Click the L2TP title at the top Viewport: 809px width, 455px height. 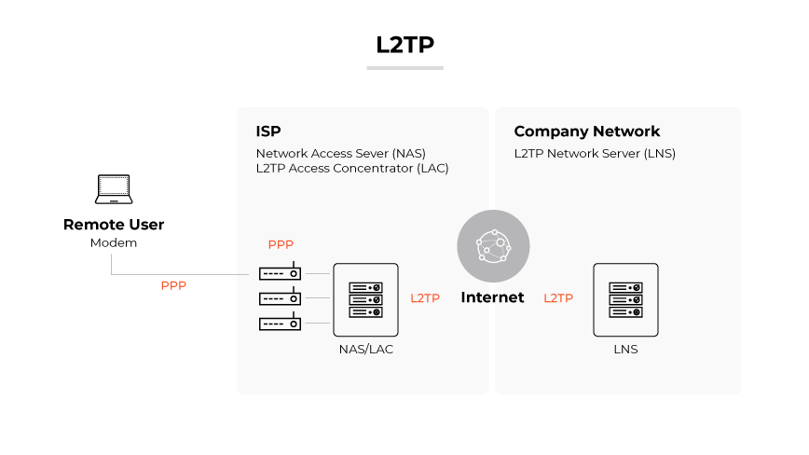coord(404,44)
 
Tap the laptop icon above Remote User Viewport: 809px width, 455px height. coord(114,190)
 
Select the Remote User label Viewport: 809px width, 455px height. coord(114,225)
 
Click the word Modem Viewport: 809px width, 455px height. coord(114,243)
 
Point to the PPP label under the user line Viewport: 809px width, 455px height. coord(173,286)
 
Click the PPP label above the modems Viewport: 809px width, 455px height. coord(281,245)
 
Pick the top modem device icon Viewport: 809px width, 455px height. coord(280,273)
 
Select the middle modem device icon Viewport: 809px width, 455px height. coord(280,298)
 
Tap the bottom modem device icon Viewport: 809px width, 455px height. coord(280,324)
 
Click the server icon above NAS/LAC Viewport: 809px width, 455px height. coord(365,299)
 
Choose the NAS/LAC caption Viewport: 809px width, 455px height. coord(365,350)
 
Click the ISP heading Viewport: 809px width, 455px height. coord(268,131)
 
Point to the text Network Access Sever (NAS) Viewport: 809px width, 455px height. coord(340,153)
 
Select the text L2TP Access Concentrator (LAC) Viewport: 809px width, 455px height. coord(352,169)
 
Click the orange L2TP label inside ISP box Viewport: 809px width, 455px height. coord(425,298)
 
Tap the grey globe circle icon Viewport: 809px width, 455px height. coord(493,246)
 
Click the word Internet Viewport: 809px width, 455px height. coord(492,298)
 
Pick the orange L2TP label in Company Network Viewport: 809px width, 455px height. coord(558,298)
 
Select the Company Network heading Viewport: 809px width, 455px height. coord(586,131)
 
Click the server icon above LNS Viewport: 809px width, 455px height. coord(625,299)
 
